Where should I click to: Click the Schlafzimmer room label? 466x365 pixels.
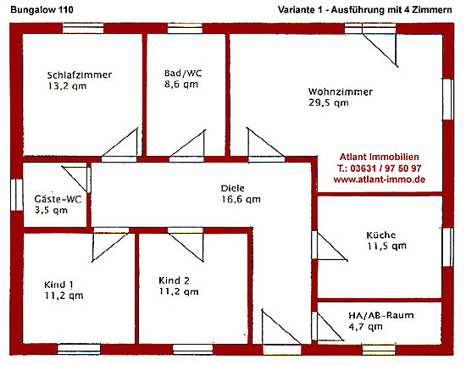point(80,75)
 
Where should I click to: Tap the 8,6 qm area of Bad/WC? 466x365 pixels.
point(181,85)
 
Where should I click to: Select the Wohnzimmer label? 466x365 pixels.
point(341,91)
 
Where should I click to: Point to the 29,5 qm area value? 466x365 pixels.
point(329,103)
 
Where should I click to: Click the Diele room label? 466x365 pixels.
point(233,188)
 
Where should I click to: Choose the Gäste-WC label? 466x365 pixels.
point(58,199)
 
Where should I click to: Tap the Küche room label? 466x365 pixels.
point(381,235)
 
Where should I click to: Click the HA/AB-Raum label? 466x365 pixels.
point(381,315)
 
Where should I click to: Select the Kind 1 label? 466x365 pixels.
point(58,285)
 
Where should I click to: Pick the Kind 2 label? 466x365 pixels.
point(174,280)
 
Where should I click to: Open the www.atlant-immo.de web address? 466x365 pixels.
point(380,180)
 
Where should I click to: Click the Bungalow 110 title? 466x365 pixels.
point(42,10)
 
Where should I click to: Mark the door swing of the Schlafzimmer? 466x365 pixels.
point(119,142)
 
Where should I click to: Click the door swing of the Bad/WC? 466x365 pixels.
point(188,143)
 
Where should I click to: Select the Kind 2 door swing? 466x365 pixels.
point(186,247)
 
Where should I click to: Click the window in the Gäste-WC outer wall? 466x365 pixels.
point(17,195)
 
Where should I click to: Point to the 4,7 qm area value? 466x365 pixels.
point(365,327)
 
